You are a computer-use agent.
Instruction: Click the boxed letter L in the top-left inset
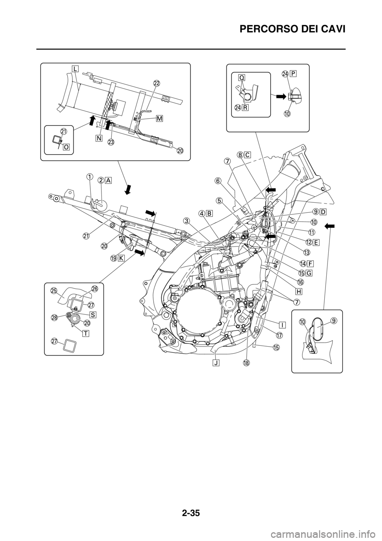click(75, 69)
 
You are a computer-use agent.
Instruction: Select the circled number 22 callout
click(157, 83)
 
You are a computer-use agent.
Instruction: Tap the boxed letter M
click(159, 118)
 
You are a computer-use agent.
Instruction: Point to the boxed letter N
click(98, 138)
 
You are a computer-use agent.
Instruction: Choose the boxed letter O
click(66, 147)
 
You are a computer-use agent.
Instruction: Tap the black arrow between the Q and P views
click(280, 96)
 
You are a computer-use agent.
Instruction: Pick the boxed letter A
click(108, 180)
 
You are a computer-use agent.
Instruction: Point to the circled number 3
click(187, 220)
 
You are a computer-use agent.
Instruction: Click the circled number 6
click(218, 180)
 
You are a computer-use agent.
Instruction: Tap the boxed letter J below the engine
click(216, 362)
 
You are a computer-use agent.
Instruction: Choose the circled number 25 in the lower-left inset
click(53, 291)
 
